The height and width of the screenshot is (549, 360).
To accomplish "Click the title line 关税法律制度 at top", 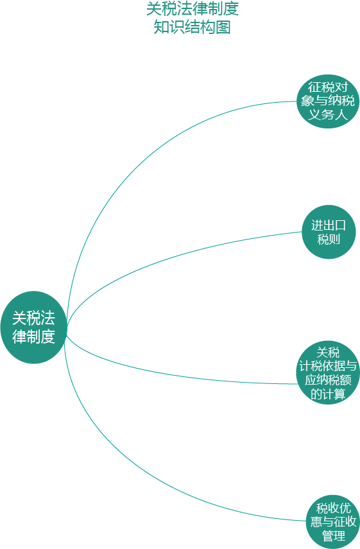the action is tap(192, 9).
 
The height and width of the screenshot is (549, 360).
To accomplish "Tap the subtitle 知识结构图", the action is tap(192, 27).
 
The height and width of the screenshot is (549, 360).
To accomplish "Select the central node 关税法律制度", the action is tap(33, 327).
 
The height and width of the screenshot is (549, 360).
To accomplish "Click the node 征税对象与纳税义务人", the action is tap(328, 101).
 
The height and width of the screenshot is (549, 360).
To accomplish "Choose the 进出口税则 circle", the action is tap(329, 232).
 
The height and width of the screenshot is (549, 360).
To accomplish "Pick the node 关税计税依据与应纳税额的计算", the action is tap(328, 373).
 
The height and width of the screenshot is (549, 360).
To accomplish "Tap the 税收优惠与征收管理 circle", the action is tap(333, 521).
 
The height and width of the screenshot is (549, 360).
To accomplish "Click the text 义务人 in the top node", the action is tap(328, 114).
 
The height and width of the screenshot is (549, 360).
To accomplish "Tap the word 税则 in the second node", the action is tap(329, 239).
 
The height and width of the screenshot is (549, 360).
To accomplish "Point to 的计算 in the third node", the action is tap(328, 394).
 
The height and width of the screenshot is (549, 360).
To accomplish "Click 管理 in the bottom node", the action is tap(334, 536).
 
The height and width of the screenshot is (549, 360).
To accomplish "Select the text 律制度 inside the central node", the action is tap(33, 336).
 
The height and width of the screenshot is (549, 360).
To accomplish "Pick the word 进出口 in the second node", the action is tap(329, 225).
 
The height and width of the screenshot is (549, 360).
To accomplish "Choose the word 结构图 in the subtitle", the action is tap(207, 27).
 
